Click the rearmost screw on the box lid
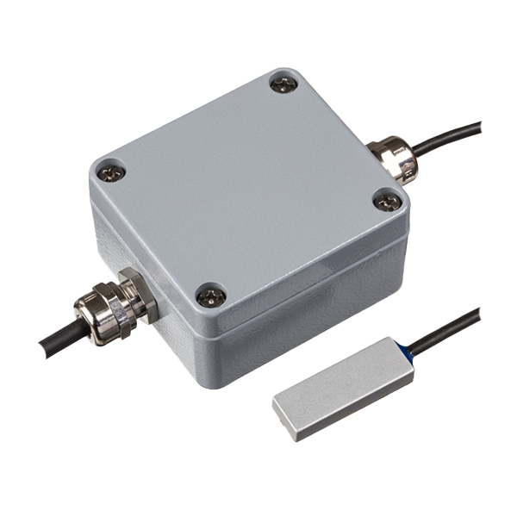click(x=283, y=84)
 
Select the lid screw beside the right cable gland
click(x=388, y=201)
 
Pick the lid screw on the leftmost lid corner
click(x=109, y=172)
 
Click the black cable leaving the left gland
click(x=56, y=340)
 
